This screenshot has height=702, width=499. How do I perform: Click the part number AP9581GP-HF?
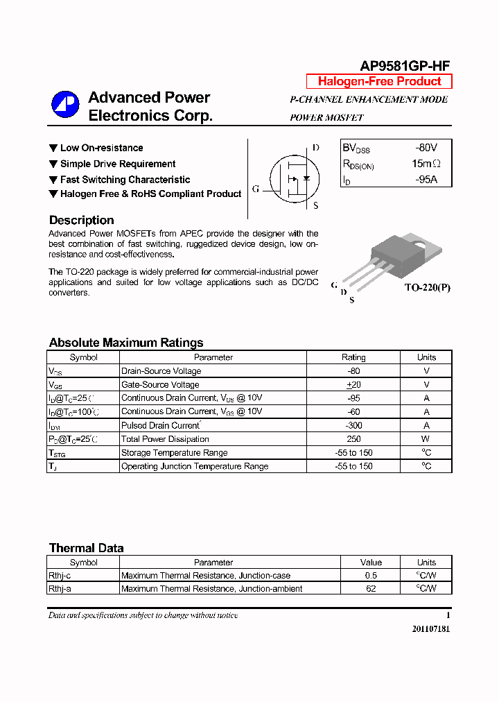(405, 66)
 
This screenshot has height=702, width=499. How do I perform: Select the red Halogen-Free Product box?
(379, 81)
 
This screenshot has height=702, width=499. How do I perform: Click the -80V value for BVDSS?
(426, 148)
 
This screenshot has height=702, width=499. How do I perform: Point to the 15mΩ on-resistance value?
(426, 164)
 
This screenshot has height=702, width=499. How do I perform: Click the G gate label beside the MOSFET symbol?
(256, 189)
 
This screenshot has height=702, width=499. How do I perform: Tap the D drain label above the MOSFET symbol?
(315, 148)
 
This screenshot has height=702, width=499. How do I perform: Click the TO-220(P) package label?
(427, 287)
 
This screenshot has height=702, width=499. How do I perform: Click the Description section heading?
(81, 220)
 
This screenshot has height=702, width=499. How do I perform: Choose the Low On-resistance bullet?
(101, 148)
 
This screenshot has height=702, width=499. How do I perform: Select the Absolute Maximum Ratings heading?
(126, 343)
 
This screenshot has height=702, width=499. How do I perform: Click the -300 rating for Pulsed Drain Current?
(353, 425)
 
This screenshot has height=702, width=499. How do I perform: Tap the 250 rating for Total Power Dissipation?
(353, 439)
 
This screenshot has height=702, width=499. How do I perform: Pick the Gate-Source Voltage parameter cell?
(160, 384)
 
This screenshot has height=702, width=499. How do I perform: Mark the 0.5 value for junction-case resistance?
(371, 576)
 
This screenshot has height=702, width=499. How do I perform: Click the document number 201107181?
(430, 630)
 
